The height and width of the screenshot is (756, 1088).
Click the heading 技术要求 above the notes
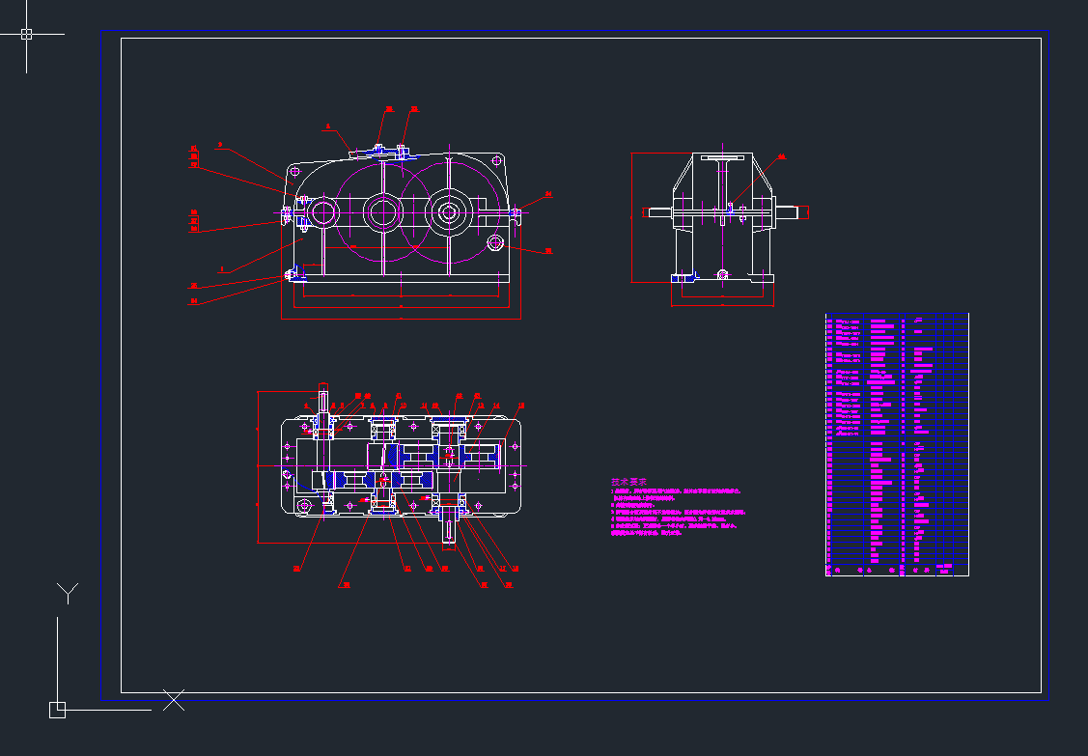tap(628, 482)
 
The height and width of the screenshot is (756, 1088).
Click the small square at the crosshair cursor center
tap(26, 34)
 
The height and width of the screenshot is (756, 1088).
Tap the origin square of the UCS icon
tap(57, 710)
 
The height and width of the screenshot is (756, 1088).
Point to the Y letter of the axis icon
tap(68, 592)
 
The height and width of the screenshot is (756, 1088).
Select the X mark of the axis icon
tap(174, 700)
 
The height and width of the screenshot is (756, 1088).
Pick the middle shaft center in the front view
tap(381, 211)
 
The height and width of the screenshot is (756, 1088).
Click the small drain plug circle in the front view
tap(495, 241)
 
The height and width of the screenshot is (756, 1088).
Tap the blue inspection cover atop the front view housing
tap(377, 152)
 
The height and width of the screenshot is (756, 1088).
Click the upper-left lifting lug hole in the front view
tap(293, 174)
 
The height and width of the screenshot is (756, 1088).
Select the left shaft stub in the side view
tap(660, 212)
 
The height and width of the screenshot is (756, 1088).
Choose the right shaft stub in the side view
tap(791, 212)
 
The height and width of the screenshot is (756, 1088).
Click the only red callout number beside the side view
tap(781, 155)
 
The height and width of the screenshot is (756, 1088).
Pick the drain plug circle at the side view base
tap(722, 274)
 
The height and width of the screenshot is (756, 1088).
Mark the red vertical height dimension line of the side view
tap(631, 217)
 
